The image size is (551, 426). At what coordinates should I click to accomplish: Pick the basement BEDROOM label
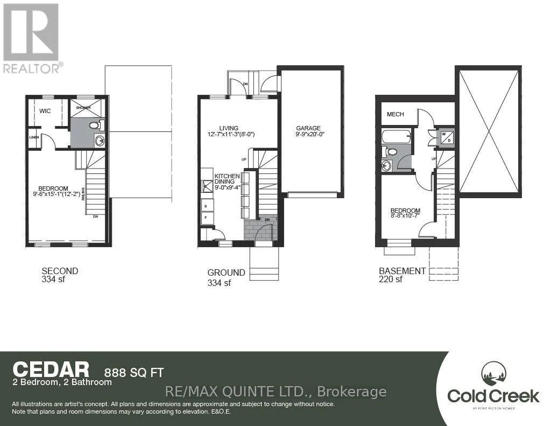tap(406, 211)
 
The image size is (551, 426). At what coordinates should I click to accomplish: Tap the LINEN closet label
tap(34, 137)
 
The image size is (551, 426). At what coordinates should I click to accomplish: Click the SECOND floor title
tap(60, 271)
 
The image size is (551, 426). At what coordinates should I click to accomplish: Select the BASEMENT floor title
tap(402, 271)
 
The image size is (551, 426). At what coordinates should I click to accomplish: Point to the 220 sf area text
tap(391, 280)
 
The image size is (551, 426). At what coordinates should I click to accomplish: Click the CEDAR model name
tap(51, 370)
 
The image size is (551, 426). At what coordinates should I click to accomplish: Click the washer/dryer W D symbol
tap(447, 137)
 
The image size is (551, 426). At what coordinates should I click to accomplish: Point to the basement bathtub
tap(396, 136)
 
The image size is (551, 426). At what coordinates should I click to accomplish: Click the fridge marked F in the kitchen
tap(207, 218)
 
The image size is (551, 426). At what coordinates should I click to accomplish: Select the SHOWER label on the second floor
tap(83, 107)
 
